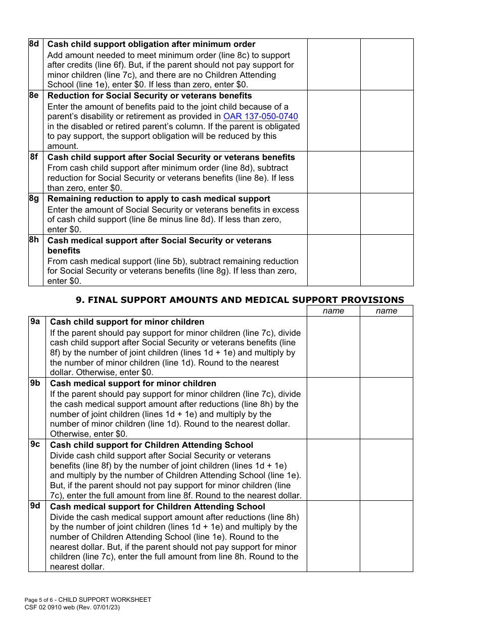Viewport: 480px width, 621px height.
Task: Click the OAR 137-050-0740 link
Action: (x=260, y=117)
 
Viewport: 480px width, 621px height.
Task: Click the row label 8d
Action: (x=34, y=44)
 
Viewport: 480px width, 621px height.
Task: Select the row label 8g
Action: (x=34, y=198)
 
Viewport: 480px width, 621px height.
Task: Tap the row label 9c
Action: (x=35, y=444)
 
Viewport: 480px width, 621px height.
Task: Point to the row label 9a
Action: (x=35, y=321)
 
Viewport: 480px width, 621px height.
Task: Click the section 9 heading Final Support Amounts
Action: (x=239, y=299)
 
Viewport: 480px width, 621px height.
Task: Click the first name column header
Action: (x=333, y=311)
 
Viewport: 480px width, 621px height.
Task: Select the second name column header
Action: (x=387, y=311)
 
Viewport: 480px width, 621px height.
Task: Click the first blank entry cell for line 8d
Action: (x=333, y=65)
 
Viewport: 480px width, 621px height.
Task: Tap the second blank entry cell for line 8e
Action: (x=387, y=121)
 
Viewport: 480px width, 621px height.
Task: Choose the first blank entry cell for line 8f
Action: (x=333, y=172)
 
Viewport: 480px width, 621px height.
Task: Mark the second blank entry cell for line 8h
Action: (x=387, y=260)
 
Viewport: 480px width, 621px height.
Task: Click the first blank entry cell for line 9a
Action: (x=333, y=347)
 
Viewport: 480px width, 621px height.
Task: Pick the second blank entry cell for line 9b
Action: (x=387, y=408)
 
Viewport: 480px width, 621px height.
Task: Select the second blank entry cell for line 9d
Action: (x=387, y=536)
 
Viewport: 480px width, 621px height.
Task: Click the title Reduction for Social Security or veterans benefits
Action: (x=150, y=96)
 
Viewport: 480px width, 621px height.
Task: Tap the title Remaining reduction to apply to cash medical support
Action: (x=159, y=199)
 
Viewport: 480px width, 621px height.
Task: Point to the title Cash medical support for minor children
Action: (x=133, y=383)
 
